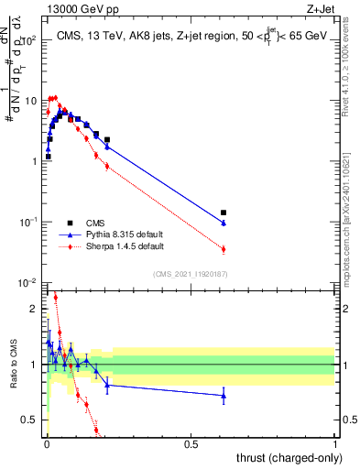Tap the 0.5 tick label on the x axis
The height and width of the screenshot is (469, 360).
coord(191,443)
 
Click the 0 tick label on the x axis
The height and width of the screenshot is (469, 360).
coord(47,443)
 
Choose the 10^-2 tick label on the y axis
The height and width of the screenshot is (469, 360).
coord(24,283)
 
